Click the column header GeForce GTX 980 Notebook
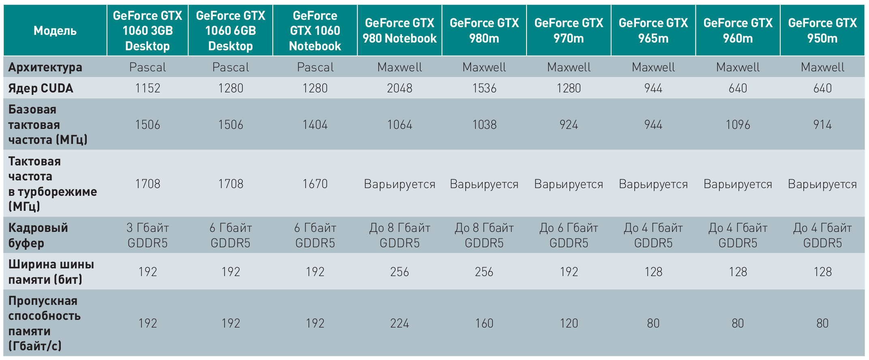[399, 31]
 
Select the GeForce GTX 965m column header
[653, 31]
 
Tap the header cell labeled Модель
[55, 31]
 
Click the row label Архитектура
[45, 67]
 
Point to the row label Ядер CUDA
[41, 88]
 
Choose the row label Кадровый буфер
[38, 235]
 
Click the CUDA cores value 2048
[399, 88]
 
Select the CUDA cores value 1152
[148, 88]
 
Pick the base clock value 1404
[315, 124]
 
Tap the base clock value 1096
[738, 124]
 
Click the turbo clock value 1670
[315, 184]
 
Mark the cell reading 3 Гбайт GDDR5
[148, 235]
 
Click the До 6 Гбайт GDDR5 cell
[569, 235]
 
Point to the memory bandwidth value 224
[399, 323]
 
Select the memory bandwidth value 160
[484, 323]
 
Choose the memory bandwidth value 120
[569, 323]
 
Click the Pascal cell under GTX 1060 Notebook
[315, 67]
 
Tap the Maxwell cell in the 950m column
[822, 67]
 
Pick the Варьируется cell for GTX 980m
[484, 184]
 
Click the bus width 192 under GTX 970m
[569, 272]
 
